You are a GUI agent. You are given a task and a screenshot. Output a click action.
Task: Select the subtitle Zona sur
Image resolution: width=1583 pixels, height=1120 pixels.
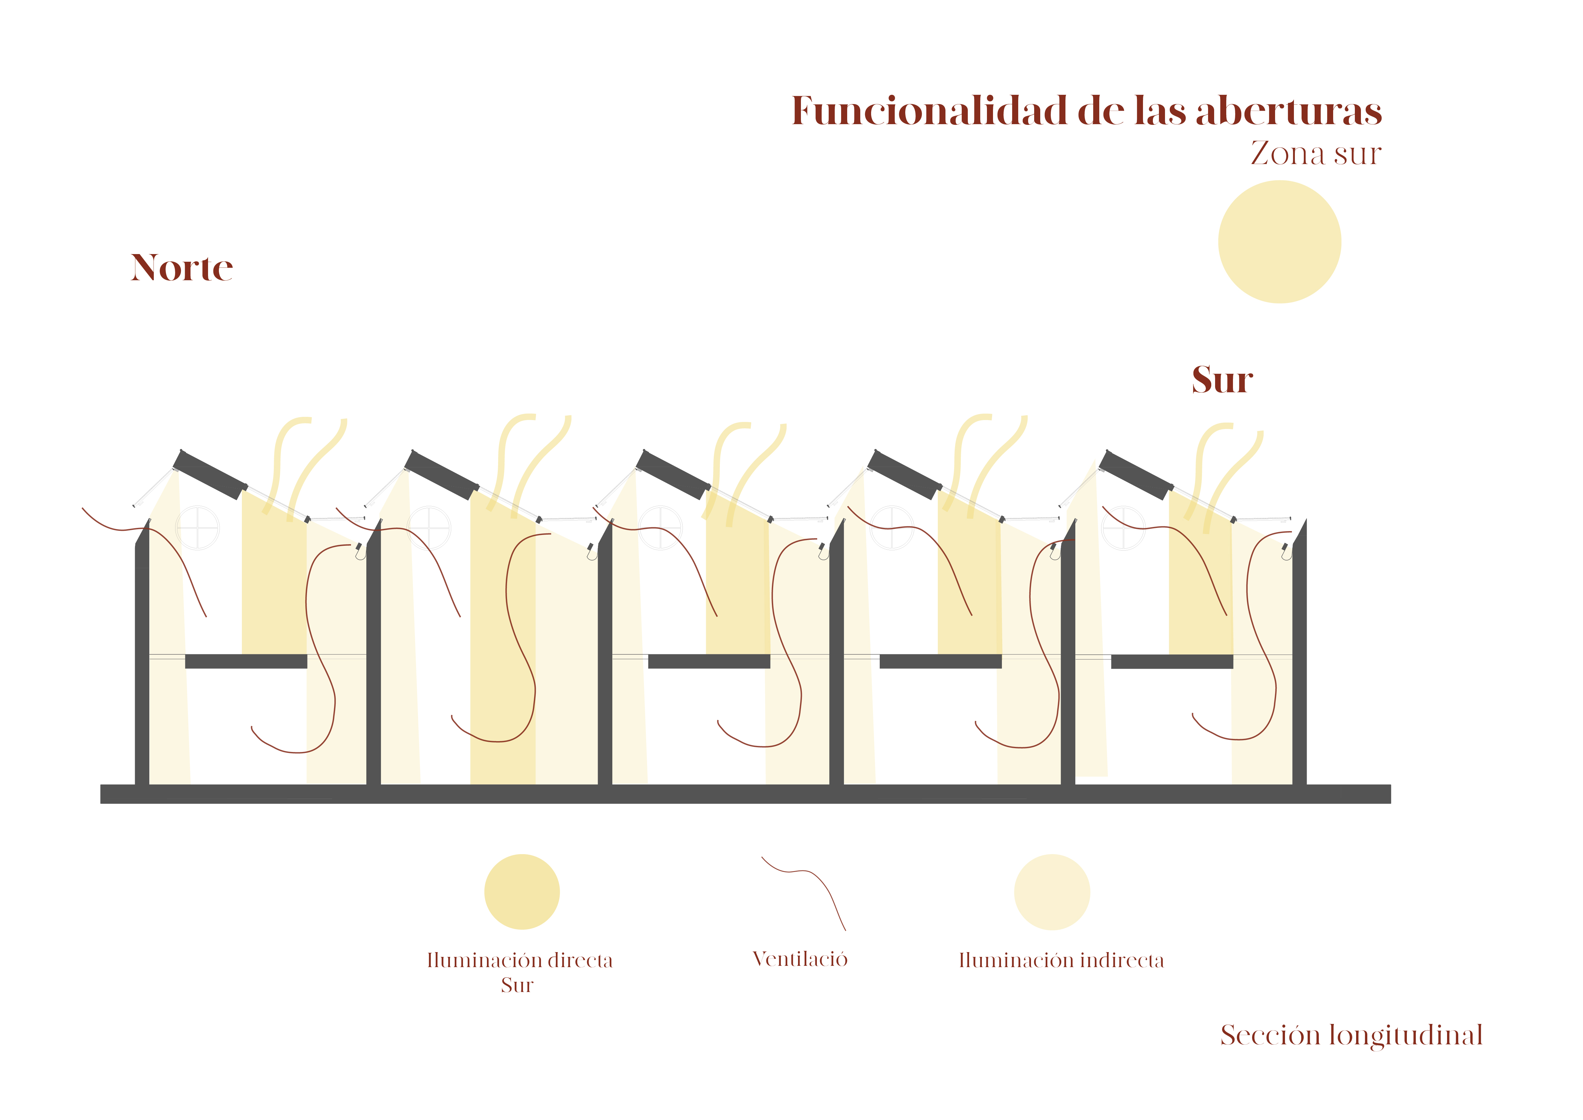(1316, 153)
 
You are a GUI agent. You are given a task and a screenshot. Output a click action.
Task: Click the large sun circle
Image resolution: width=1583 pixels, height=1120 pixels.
(1279, 242)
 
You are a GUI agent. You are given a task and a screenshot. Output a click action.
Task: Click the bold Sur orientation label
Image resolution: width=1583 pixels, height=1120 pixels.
(1222, 380)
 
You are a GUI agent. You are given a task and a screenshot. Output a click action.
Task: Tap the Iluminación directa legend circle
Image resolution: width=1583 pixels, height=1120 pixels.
(522, 892)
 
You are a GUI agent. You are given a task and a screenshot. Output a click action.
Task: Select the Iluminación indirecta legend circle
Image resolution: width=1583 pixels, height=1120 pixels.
(1051, 892)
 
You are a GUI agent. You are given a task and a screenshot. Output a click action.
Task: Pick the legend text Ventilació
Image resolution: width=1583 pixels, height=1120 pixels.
(800, 959)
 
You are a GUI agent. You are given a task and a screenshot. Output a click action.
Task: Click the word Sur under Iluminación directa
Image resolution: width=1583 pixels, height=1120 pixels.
(517, 986)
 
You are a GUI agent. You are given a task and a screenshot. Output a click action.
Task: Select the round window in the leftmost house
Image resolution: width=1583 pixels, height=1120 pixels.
(198, 528)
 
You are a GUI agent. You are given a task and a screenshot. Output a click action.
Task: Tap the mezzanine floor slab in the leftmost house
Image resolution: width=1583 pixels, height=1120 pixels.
(246, 661)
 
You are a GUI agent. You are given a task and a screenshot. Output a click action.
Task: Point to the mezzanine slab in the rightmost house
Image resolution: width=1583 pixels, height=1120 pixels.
(1172, 662)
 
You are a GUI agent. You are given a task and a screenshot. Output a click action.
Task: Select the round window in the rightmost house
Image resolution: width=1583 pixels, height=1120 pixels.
(1124, 528)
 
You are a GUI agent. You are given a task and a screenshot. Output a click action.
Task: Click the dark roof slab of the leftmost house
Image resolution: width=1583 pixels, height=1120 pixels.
(210, 475)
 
